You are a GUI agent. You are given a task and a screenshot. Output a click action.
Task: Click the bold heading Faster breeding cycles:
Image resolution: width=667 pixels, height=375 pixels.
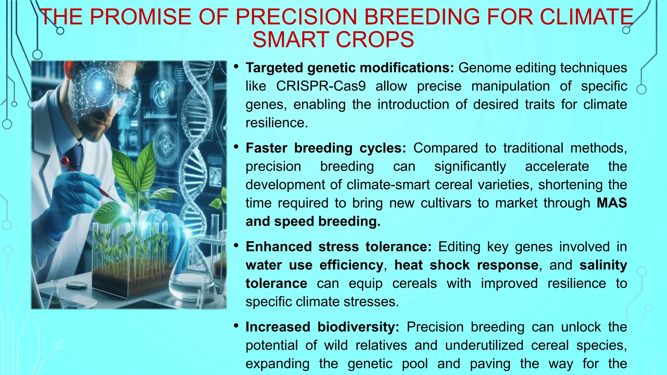326,148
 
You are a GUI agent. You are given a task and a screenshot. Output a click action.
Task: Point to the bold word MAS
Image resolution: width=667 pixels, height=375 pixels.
612,203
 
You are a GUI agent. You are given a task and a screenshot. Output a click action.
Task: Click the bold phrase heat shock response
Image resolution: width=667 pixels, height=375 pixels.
466,265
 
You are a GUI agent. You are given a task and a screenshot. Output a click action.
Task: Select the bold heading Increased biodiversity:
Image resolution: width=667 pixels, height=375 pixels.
322,327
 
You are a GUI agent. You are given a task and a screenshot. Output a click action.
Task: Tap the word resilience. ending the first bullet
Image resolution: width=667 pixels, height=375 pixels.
277,123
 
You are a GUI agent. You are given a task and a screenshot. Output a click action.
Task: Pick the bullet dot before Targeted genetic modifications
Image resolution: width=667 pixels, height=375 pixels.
236,66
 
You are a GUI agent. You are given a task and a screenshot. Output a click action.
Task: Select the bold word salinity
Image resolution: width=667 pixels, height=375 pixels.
603,265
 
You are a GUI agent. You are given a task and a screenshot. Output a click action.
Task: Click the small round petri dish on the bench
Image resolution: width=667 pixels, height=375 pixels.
77,285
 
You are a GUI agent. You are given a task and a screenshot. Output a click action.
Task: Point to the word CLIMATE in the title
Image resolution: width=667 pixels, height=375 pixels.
586,17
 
